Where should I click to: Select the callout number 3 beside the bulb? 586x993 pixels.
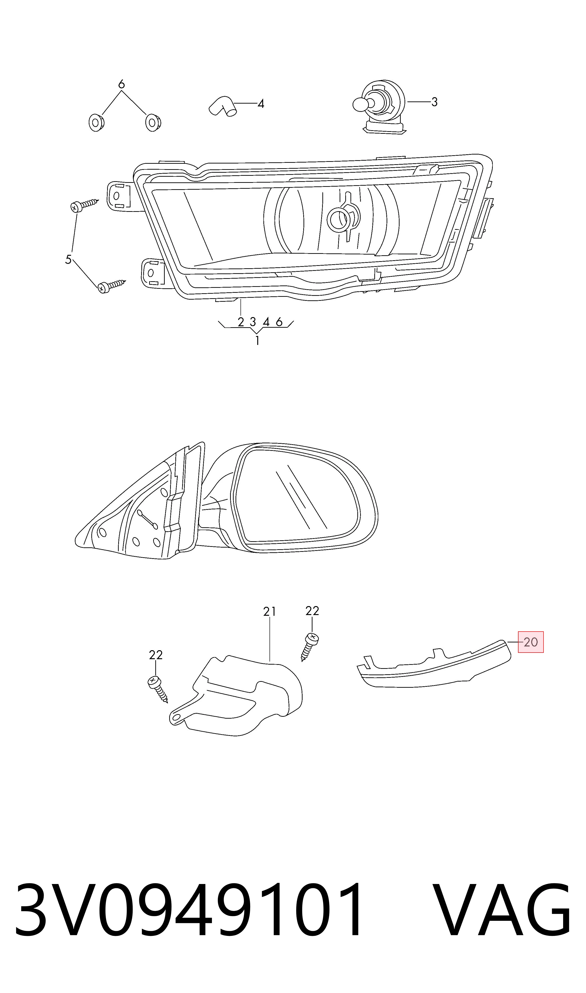pyautogui.click(x=434, y=102)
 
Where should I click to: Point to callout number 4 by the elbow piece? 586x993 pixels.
pyautogui.click(x=261, y=104)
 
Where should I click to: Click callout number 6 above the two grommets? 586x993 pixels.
pyautogui.click(x=121, y=84)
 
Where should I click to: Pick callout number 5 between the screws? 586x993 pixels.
pyautogui.click(x=68, y=259)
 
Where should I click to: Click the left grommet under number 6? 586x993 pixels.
pyautogui.click(x=96, y=123)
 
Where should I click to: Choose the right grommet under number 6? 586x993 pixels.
pyautogui.click(x=153, y=123)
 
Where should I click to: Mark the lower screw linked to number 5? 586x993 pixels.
pyautogui.click(x=112, y=286)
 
